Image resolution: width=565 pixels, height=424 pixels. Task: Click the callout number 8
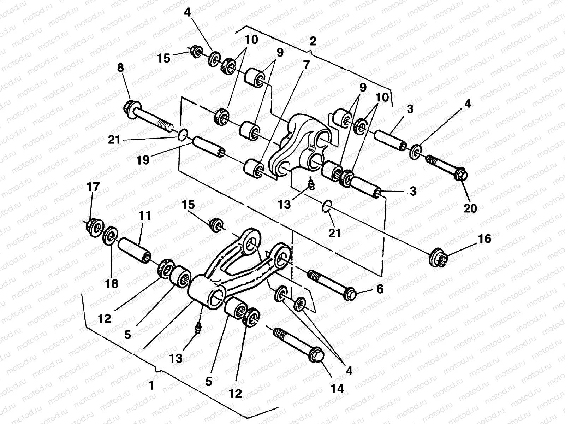click(x=121, y=69)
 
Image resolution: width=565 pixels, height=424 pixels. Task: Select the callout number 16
click(x=484, y=239)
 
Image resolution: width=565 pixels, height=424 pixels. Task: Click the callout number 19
click(x=144, y=160)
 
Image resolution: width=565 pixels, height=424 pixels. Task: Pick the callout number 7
click(x=306, y=65)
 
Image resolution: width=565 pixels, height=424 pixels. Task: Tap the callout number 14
click(x=337, y=388)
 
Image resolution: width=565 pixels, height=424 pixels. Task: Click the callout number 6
click(x=380, y=289)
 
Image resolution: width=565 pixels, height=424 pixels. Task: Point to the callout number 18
click(x=112, y=283)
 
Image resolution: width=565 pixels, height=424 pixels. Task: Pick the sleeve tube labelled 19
click(x=208, y=148)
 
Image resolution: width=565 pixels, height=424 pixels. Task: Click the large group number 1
click(x=151, y=385)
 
